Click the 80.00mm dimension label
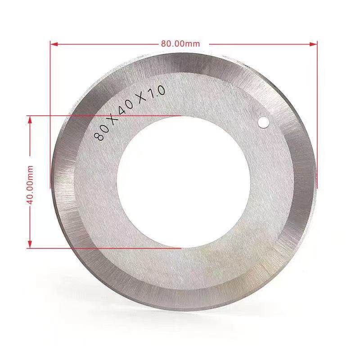(180, 43)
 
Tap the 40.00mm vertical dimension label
(30, 185)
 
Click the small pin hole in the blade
(263, 122)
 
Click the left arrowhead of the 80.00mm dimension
(54, 44)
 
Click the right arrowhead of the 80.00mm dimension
(313, 44)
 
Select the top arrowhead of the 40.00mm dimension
(30, 120)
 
